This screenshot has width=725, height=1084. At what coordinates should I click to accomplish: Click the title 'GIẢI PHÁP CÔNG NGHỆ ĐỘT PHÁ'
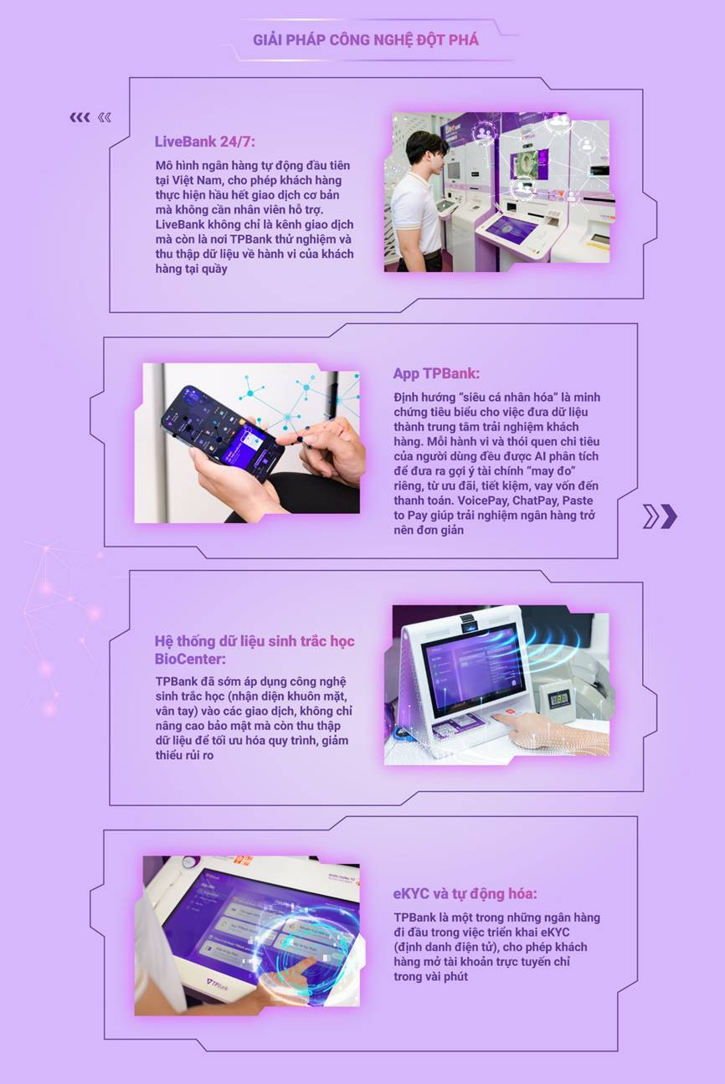click(x=365, y=39)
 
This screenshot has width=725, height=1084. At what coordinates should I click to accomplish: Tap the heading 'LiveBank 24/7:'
click(x=205, y=141)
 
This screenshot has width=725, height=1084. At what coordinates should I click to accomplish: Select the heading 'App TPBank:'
click(x=436, y=373)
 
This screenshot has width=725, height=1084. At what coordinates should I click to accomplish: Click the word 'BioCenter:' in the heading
click(x=190, y=659)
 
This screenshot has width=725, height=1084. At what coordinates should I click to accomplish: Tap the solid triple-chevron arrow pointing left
click(x=80, y=117)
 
